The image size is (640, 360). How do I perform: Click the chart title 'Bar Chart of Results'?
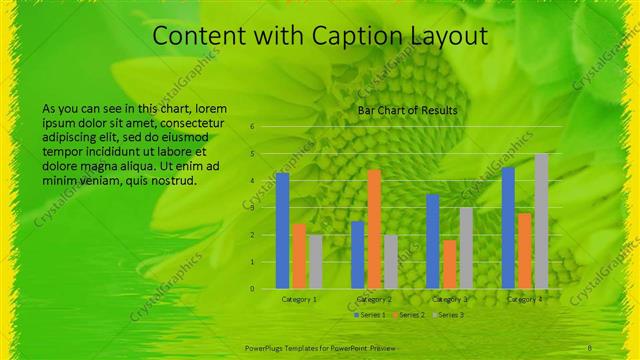tap(408, 109)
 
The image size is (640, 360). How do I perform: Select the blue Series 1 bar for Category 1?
tap(282, 230)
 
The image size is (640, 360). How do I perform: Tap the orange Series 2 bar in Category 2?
tap(374, 229)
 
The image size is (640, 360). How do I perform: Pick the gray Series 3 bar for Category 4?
tap(541, 221)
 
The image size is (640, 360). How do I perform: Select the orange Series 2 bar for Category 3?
tap(449, 264)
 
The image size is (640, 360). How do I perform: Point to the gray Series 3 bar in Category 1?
tap(315, 261)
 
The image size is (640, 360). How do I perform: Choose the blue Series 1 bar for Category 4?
tap(508, 227)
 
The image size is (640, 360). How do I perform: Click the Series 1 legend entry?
tap(372, 315)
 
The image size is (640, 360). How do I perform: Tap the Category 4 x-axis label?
tap(524, 299)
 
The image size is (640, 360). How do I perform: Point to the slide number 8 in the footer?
tap(590, 347)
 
